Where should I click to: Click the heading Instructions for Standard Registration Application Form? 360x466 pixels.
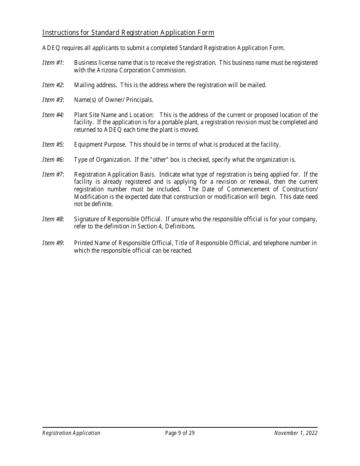(128, 33)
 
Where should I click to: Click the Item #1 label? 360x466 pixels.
(53, 63)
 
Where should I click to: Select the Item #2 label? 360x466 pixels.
(53, 85)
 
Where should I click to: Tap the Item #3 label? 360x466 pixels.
(53, 100)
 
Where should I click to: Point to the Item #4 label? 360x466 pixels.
(53, 115)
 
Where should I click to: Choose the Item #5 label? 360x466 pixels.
(53, 144)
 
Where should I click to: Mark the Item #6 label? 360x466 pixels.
(53, 160)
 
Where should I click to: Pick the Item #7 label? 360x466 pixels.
(53, 174)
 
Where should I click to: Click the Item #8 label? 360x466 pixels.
(53, 219)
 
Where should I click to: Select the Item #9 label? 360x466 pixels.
(53, 243)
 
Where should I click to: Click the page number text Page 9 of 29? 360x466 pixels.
(180, 433)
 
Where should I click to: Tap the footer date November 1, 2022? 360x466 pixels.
(296, 433)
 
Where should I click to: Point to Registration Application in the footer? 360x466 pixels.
(71, 433)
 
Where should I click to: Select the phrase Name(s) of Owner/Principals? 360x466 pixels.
(114, 100)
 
